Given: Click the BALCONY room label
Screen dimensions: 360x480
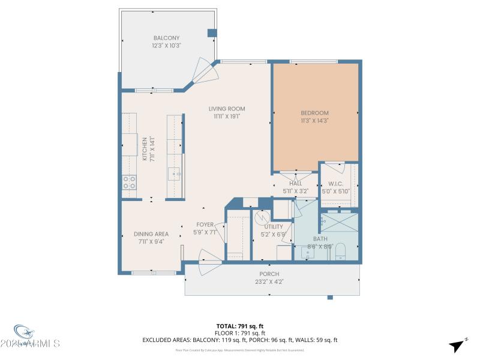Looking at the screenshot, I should pos(166,37).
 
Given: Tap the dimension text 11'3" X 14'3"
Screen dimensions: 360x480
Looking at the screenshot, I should pos(314,121).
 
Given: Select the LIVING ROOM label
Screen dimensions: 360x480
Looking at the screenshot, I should pos(227,109).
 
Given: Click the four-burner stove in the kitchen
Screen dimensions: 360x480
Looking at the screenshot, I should pos(129,182).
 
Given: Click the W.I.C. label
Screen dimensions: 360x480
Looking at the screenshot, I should pos(335,184).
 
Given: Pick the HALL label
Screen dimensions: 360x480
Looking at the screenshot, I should pos(295,184).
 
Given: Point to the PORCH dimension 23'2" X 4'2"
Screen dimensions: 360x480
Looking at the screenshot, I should pos(269,282).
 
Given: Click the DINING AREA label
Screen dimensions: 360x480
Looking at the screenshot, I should pos(151,234).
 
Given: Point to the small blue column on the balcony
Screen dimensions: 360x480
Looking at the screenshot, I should pos(211,32).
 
